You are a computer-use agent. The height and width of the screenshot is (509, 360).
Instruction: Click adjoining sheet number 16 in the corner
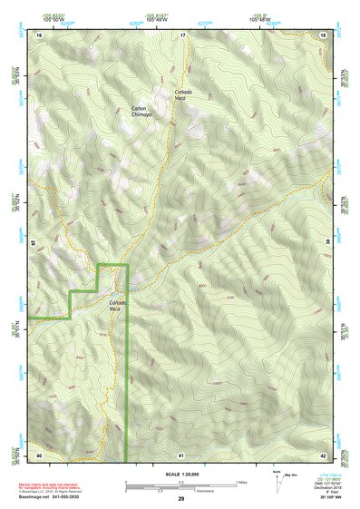tap(39, 34)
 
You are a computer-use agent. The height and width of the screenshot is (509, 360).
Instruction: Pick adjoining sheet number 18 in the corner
tap(323, 34)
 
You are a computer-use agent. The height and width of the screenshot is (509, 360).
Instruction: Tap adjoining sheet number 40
tap(39, 454)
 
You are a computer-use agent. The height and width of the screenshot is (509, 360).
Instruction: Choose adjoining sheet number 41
tap(181, 454)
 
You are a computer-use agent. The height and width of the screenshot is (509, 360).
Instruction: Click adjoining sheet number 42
tap(323, 454)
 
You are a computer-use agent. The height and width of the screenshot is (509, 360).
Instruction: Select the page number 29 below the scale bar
tap(181, 499)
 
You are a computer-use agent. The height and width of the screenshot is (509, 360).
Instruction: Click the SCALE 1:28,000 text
tap(181, 473)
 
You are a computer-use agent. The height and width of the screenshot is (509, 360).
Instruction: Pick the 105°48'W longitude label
tap(260, 19)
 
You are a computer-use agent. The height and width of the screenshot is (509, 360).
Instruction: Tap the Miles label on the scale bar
tap(241, 482)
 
